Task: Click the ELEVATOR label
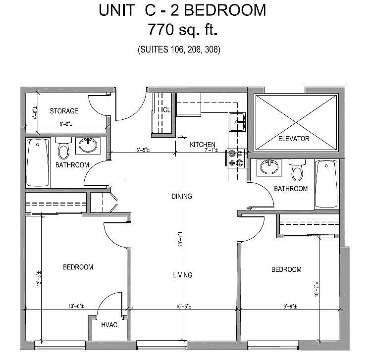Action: click(294, 139)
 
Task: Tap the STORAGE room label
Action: click(64, 111)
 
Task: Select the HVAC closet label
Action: click(109, 325)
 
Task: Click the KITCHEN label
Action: click(203, 145)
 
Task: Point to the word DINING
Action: click(182, 196)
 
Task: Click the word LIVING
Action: click(183, 275)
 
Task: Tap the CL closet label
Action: click(166, 110)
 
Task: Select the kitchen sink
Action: click(237, 122)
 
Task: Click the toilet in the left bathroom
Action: click(63, 149)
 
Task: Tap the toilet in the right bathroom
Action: click(297, 170)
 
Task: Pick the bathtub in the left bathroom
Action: click(38, 162)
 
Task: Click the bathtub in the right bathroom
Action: click(326, 184)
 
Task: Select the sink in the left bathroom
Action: click(88, 146)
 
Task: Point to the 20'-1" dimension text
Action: click(180, 239)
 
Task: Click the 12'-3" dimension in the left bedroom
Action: click(39, 278)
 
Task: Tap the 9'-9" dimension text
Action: click(290, 307)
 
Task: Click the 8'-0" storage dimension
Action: click(66, 124)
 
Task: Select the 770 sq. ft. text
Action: click(183, 30)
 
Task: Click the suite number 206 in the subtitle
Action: click(193, 50)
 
